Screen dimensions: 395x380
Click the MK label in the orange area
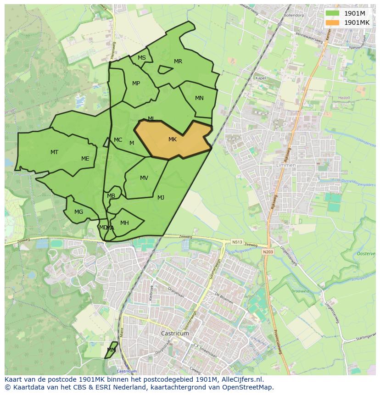tap(173, 139)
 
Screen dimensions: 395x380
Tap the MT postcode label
tap(54, 152)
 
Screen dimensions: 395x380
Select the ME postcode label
tap(85, 159)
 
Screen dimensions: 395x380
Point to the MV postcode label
tap(144, 178)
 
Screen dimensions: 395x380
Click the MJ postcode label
tap(161, 198)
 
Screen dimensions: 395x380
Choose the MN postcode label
tap(199, 98)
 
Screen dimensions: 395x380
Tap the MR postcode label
tap(178, 61)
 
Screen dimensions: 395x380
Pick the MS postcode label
tap(142, 58)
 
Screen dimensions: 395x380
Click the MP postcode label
tap(136, 83)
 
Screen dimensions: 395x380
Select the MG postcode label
tap(79, 212)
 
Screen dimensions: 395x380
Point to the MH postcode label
tap(124, 223)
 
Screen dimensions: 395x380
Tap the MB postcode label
tap(111, 196)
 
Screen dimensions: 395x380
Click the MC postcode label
tap(118, 140)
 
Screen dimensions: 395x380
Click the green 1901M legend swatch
tap(332, 13)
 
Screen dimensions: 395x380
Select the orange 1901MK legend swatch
tap(332, 22)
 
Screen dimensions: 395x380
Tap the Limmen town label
tap(286, 165)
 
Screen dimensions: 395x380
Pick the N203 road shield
tap(268, 252)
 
